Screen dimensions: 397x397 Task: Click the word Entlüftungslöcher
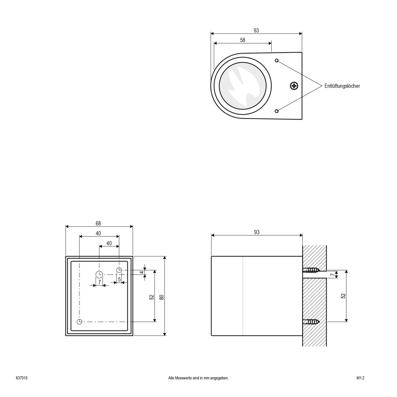[342, 86]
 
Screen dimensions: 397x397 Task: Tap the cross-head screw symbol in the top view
[294, 86]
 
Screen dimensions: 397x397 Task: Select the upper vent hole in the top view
[277, 61]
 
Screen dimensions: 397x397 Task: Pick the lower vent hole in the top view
[277, 111]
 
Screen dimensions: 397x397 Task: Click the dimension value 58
[243, 40]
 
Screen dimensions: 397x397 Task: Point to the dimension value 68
[98, 224]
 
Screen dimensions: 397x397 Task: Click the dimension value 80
[161, 297]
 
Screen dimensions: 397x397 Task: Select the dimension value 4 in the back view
[142, 272]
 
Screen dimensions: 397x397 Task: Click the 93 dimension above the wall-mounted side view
[257, 232]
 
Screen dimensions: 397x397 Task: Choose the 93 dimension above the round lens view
[256, 30]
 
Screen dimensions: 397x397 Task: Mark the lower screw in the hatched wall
[312, 321]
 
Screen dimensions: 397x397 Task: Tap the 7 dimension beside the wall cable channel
[332, 274]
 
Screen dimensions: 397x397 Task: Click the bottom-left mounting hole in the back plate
[79, 322]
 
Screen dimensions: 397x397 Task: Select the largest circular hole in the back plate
[99, 274]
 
